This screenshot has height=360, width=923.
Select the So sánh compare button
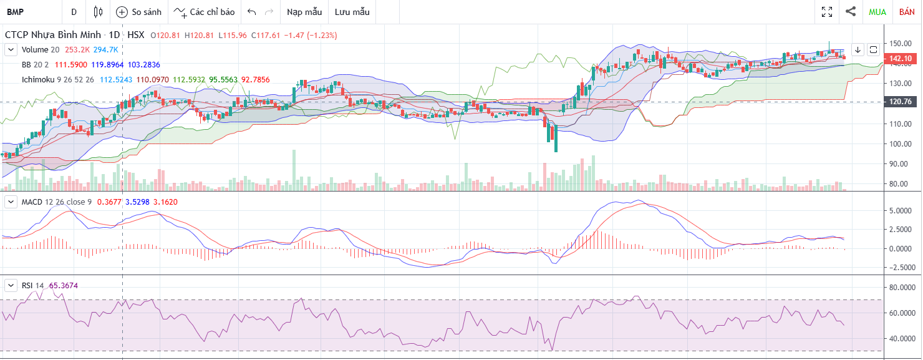click(x=138, y=12)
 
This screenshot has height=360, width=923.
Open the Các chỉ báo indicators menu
click(x=205, y=12)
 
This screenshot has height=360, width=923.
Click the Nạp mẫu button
click(x=304, y=12)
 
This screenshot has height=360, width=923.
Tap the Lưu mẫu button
click(x=352, y=12)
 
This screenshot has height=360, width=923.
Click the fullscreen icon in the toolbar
click(x=827, y=12)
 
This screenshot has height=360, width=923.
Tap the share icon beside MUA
click(x=850, y=11)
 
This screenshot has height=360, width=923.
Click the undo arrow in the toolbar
click(x=251, y=12)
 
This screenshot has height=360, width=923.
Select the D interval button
click(x=74, y=12)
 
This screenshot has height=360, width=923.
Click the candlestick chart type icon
click(x=97, y=12)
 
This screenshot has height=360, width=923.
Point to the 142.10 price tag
click(x=901, y=59)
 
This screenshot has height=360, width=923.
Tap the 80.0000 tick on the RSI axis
click(x=902, y=287)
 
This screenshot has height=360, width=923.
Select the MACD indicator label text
click(x=32, y=202)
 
